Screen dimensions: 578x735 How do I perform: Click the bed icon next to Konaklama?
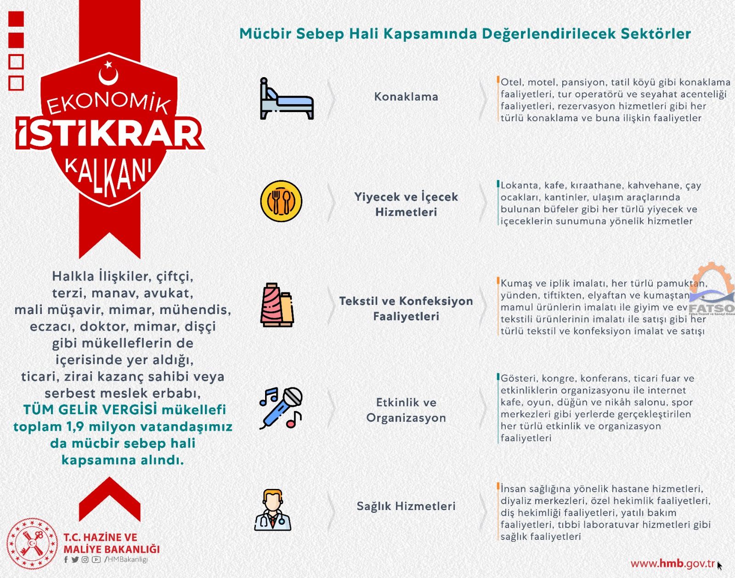point(287,99)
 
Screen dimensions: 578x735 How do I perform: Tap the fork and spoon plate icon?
point(281,201)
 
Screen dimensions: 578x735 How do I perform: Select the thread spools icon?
point(277,305)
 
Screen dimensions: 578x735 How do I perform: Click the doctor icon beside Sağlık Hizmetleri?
point(273,510)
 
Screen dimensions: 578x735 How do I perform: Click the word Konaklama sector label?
point(406,97)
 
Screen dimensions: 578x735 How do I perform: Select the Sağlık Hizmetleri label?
point(406,506)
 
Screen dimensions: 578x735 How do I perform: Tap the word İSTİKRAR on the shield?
point(110,133)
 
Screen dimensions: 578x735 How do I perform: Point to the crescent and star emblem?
point(109,73)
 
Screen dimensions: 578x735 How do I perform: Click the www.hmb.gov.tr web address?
point(673,564)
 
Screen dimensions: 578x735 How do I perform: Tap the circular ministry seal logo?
point(32,544)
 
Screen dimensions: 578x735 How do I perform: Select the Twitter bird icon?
point(75,560)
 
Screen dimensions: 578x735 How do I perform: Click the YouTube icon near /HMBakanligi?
point(96,560)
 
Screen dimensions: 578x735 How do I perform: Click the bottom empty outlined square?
point(16,83)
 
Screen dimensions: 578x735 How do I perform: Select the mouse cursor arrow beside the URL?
point(719,566)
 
